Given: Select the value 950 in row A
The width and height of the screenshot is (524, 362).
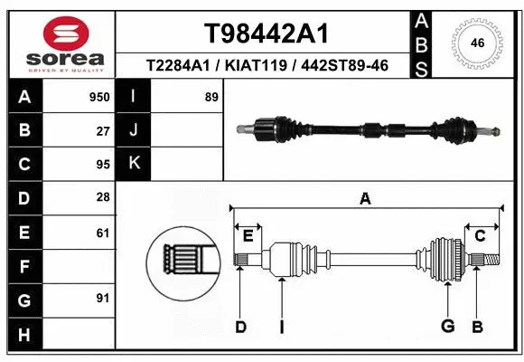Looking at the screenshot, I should coord(98,97).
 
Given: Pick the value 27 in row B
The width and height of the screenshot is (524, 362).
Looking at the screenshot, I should coord(102,130).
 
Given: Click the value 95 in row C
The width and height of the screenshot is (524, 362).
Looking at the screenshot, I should coord(102,165).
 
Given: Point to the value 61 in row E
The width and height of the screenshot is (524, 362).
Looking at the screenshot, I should coord(102,233).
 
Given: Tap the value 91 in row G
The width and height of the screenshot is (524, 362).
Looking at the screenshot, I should coord(102,298).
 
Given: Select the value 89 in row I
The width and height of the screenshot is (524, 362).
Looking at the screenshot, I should coord(211,97).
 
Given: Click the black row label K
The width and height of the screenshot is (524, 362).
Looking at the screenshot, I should coord(134,164).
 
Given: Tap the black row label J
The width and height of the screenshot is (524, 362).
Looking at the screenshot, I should coord(134,130).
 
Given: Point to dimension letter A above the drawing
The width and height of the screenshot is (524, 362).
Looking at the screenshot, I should coord(365,199).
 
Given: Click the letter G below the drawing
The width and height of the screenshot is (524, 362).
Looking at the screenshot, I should coord(446,327).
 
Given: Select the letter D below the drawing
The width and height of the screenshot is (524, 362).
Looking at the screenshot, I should coord(240,327).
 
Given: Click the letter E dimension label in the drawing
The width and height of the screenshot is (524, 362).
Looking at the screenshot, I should coord(248,236).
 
